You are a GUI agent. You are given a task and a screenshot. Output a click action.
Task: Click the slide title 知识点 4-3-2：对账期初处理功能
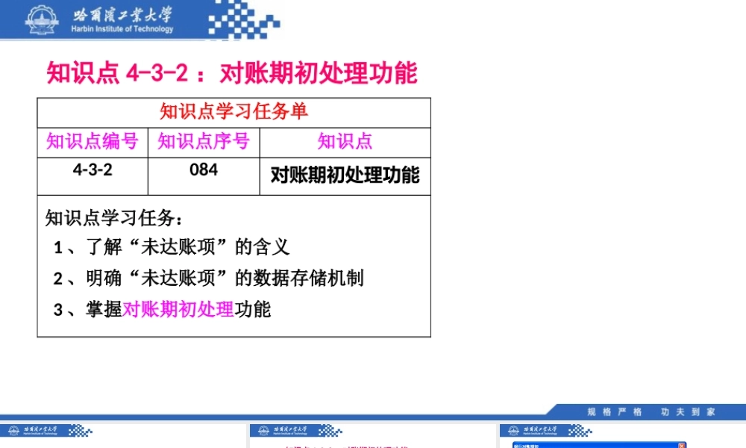tap(232, 73)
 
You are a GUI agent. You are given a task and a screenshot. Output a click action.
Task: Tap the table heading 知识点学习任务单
tap(233, 112)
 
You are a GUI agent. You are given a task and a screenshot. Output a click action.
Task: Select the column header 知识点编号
tap(93, 141)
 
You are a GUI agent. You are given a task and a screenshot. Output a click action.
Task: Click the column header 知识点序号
tap(204, 141)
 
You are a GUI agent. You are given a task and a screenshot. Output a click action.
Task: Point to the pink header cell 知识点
tap(345, 141)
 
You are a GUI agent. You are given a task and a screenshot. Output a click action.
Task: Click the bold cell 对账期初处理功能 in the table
tap(345, 175)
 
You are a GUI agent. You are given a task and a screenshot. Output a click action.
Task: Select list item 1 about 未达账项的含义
tap(172, 246)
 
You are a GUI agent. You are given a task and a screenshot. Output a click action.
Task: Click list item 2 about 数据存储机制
tap(209, 279)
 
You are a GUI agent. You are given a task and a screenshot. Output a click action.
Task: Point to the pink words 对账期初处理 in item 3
tap(178, 309)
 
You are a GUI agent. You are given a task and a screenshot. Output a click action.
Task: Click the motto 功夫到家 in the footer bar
tap(688, 411)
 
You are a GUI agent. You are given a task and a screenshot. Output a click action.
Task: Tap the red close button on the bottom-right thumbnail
tap(682, 446)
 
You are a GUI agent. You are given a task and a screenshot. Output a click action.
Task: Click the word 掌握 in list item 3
tap(104, 309)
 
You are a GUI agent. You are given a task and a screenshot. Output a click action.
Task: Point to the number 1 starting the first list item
tap(58, 247)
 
